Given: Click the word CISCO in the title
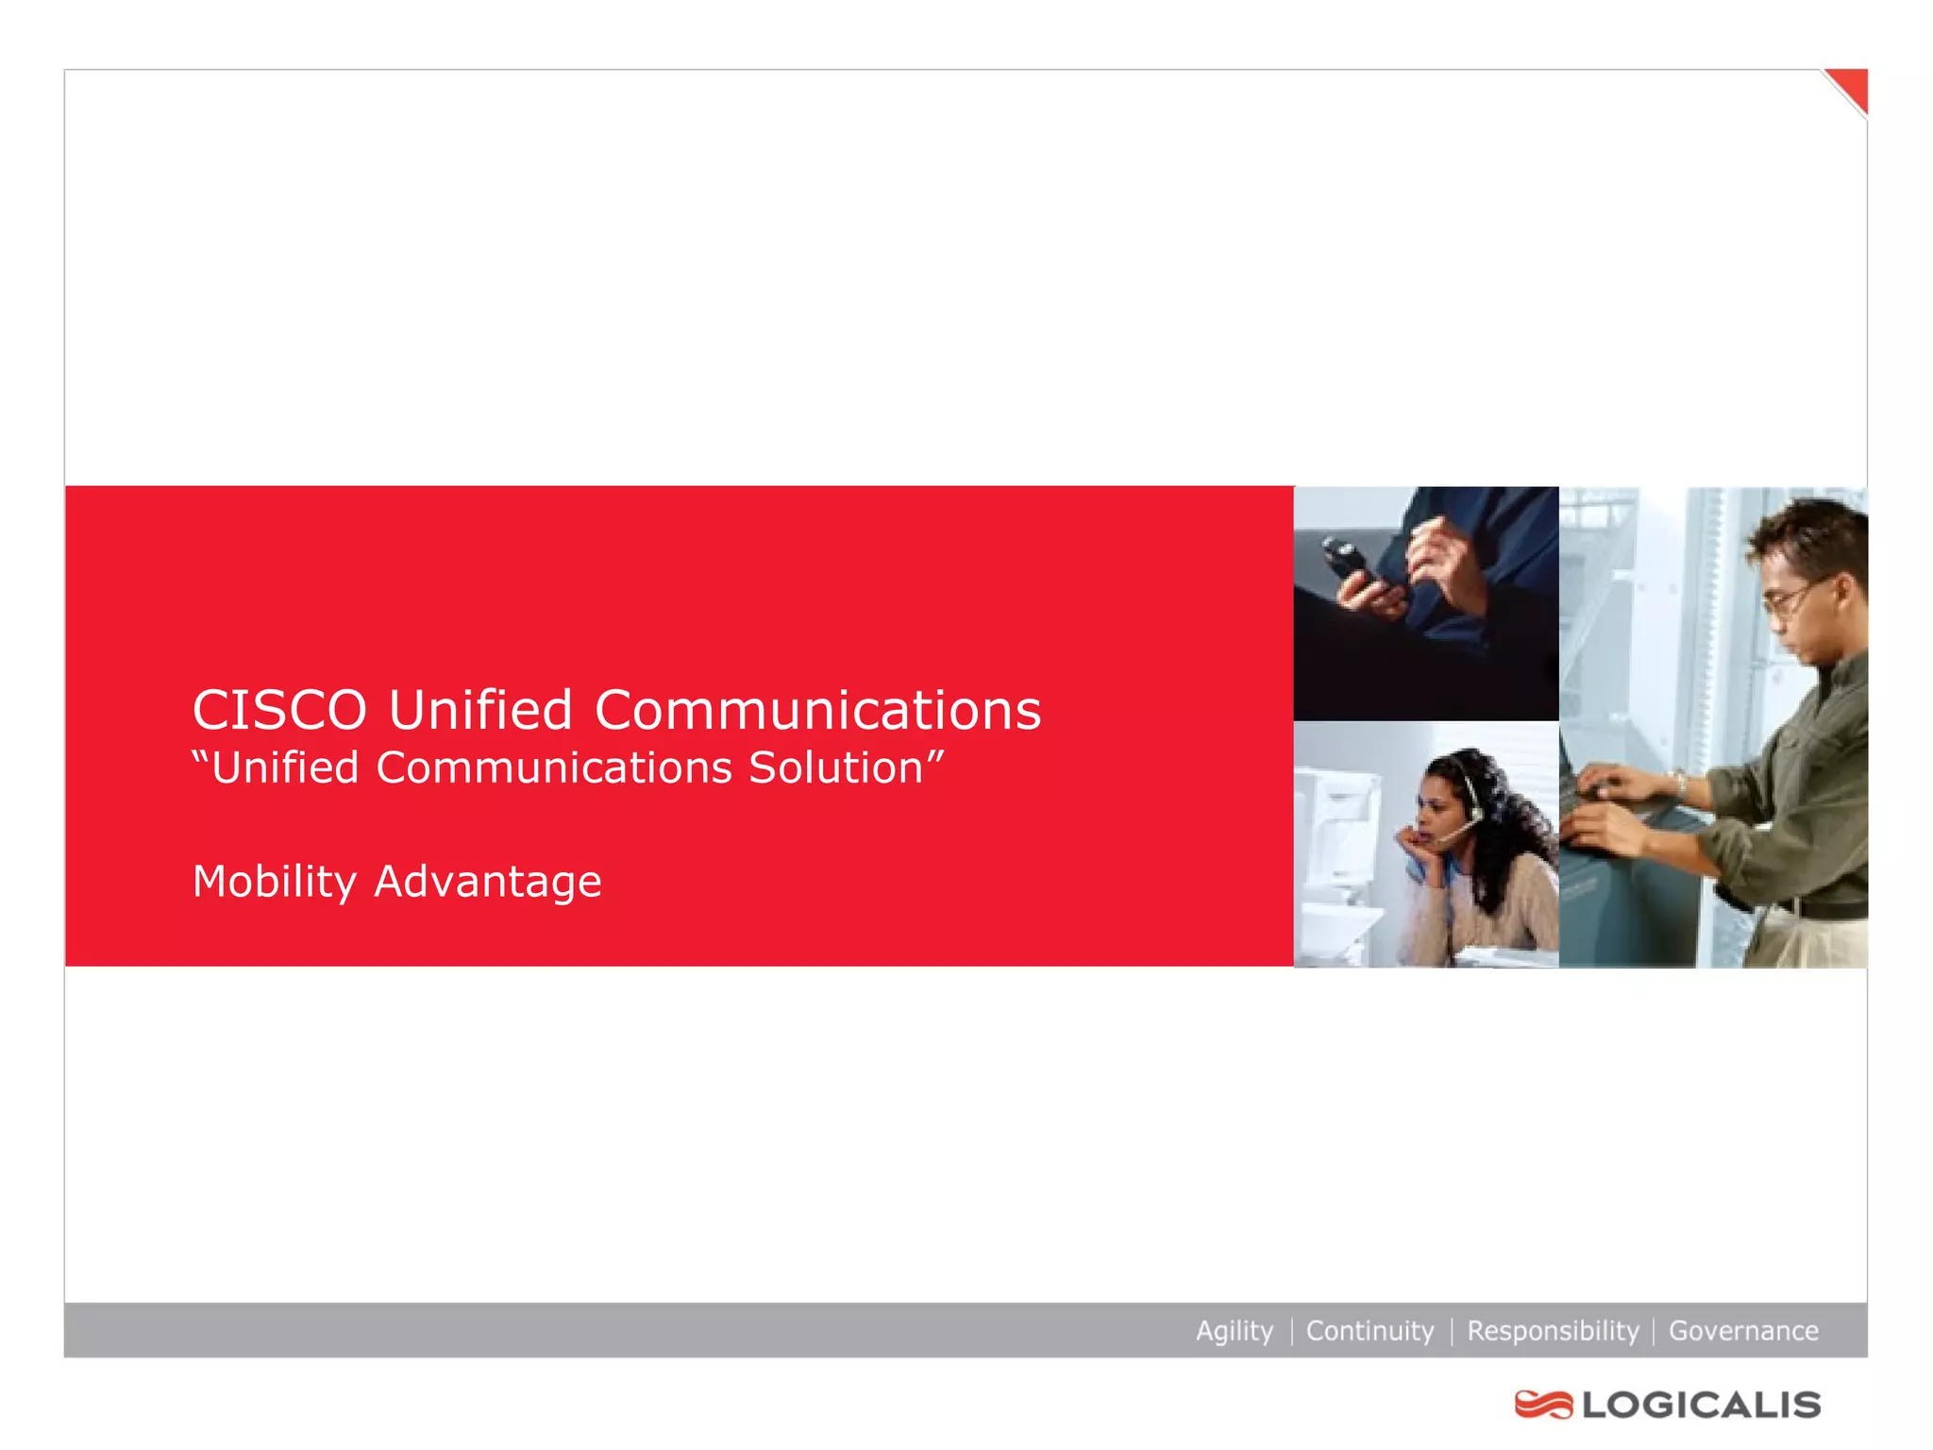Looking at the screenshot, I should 279,710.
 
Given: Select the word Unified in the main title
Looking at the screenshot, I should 480,710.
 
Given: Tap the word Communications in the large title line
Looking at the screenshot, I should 817,710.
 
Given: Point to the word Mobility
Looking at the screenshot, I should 274,882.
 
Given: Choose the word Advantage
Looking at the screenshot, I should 488,882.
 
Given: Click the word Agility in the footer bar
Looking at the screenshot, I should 1235,1331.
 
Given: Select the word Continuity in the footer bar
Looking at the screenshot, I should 1370,1331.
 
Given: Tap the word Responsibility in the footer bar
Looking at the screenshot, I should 1553,1331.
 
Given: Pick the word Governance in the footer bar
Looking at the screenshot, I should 1743,1331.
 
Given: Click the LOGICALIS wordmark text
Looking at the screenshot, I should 1702,1405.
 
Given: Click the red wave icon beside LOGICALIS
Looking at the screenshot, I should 1543,1405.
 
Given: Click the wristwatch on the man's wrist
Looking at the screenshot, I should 1680,783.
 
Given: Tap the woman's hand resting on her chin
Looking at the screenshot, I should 1419,839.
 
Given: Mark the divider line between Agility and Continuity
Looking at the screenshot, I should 1290,1331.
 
